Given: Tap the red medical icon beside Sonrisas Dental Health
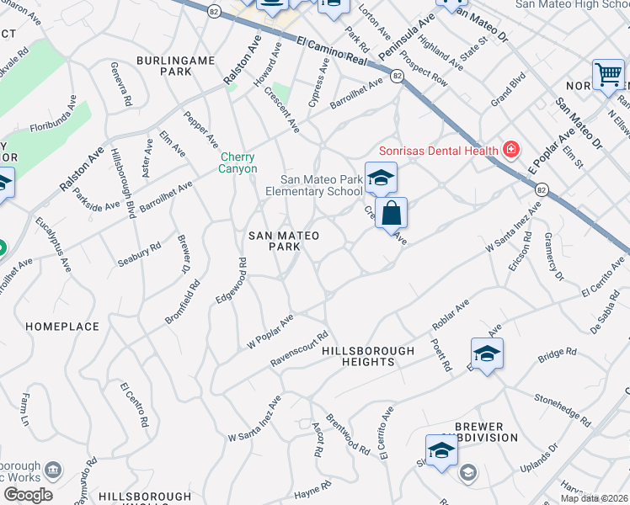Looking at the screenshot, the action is coord(510,150).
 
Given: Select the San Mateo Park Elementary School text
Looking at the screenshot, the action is coord(321,185).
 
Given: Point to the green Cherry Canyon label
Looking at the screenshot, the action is coord(238,163).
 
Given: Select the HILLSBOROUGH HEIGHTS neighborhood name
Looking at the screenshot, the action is coord(369,356).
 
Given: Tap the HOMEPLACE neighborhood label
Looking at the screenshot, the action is coord(61,326).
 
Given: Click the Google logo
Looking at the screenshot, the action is coord(28,495).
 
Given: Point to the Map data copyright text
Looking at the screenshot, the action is coord(595,498).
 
